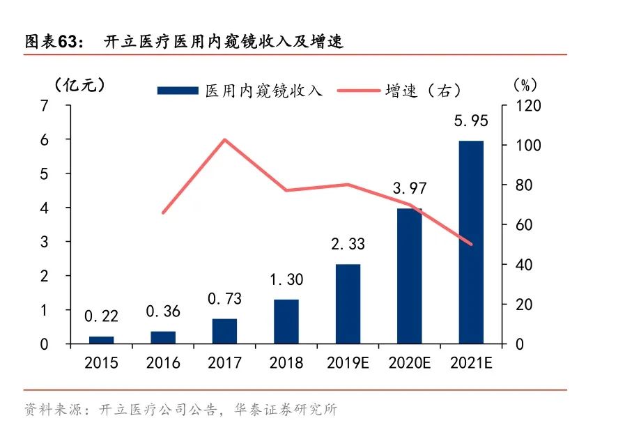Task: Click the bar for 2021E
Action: pyautogui.click(x=471, y=242)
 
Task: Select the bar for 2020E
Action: pyautogui.click(x=410, y=276)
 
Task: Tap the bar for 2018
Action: pyautogui.click(x=286, y=321)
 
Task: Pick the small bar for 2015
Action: pyautogui.click(x=101, y=340)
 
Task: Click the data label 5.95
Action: pyautogui.click(x=471, y=121)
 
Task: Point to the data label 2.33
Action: pyautogui.click(x=348, y=245)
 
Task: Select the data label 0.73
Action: pyautogui.click(x=224, y=299)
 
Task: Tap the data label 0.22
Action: pyautogui.click(x=101, y=317)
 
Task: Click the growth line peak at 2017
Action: pyautogui.click(x=224, y=139)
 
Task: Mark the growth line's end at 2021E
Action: pyautogui.click(x=471, y=244)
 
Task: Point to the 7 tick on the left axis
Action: pyautogui.click(x=45, y=105)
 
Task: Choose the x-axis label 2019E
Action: pyautogui.click(x=348, y=363)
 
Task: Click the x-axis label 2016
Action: pyautogui.click(x=163, y=363)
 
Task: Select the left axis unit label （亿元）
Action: pyautogui.click(x=79, y=85)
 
